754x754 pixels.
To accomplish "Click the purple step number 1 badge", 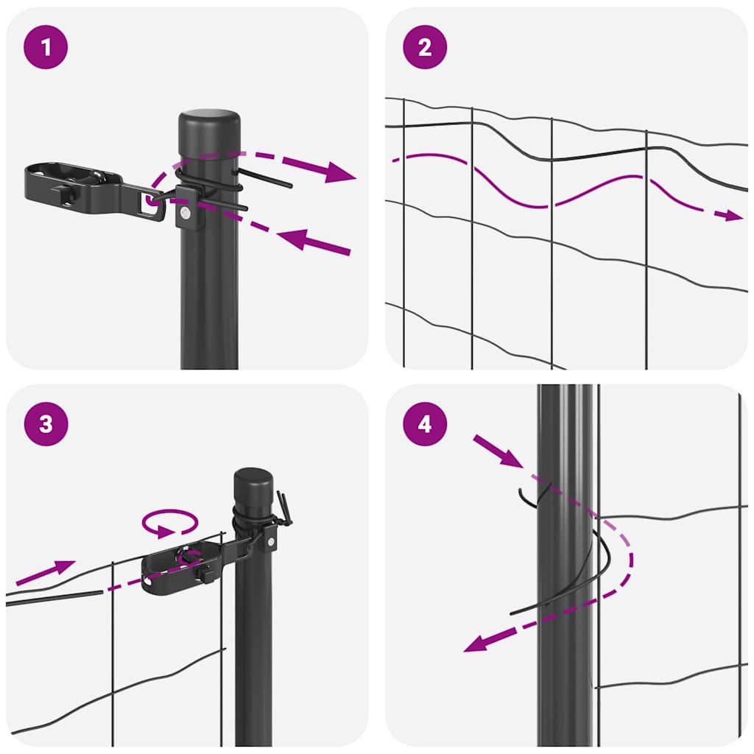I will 46,48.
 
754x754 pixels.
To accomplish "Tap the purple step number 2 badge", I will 425,48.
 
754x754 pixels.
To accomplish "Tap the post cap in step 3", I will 253,479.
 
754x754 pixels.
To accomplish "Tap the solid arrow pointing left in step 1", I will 313,242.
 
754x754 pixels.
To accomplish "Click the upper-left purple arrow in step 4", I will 497,450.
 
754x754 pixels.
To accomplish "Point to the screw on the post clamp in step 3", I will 271,541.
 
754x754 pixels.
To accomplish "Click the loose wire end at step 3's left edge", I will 52,598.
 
